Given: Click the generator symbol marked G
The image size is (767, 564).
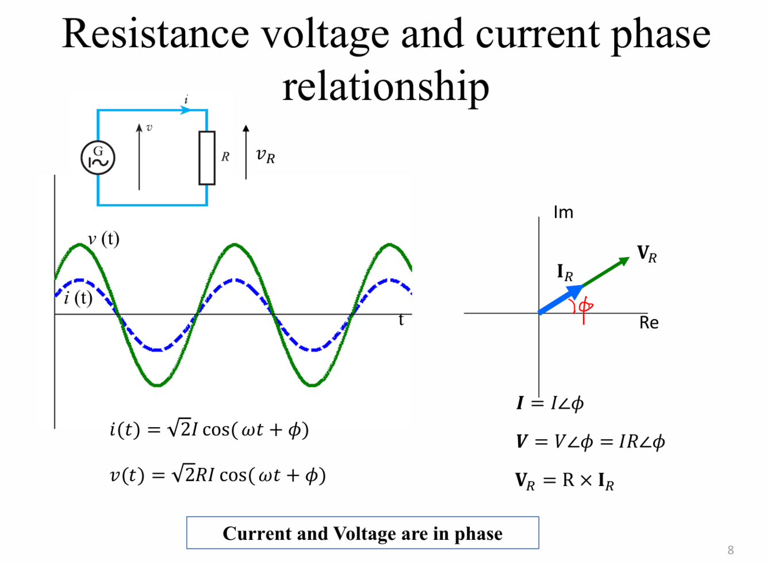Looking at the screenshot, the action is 98,158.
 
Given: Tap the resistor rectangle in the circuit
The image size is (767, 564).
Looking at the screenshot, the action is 207,158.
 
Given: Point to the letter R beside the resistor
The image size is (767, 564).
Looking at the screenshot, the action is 225,157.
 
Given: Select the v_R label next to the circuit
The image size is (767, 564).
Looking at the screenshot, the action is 266,155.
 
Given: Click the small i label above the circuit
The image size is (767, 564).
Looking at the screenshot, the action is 186,99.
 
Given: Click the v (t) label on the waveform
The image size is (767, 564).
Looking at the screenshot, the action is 103,239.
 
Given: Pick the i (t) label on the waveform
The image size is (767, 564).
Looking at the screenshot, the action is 78,298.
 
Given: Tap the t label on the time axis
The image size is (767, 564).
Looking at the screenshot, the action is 401,320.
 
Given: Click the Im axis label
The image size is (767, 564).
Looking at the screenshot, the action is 563,213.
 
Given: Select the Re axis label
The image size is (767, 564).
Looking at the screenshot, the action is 649,323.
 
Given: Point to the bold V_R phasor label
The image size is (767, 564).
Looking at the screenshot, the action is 647,254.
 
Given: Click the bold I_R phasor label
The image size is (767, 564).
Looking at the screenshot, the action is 565,272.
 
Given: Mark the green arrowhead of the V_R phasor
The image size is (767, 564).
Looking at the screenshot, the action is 624,262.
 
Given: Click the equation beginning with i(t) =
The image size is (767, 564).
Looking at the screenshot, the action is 209,429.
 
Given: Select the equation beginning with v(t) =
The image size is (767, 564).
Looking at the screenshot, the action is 218,475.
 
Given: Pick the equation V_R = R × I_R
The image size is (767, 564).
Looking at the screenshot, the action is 564,480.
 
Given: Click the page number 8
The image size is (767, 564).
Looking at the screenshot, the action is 730,550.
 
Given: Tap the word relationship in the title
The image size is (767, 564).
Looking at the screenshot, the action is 386,86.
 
